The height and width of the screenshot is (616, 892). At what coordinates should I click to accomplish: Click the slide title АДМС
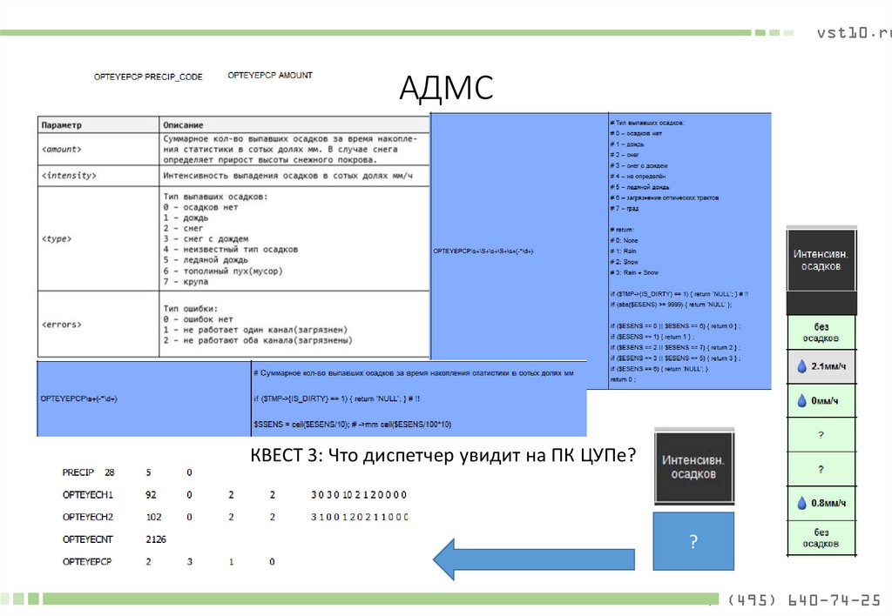point(446,88)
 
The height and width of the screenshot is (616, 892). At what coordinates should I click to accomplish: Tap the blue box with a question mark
point(693,541)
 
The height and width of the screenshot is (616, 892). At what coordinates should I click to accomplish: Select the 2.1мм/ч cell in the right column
point(822,366)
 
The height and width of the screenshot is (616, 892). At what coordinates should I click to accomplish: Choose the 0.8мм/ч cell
point(822,502)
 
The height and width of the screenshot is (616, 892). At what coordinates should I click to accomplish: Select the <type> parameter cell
point(57,237)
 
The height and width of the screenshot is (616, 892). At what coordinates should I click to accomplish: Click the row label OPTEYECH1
point(88,494)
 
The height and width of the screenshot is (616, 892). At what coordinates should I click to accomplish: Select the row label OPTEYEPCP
point(88,562)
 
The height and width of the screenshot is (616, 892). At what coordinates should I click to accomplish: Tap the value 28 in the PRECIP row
point(109,472)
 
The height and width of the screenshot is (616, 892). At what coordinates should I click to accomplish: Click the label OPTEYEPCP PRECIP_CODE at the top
point(148,77)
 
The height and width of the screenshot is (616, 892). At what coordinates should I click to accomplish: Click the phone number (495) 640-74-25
point(803,600)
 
